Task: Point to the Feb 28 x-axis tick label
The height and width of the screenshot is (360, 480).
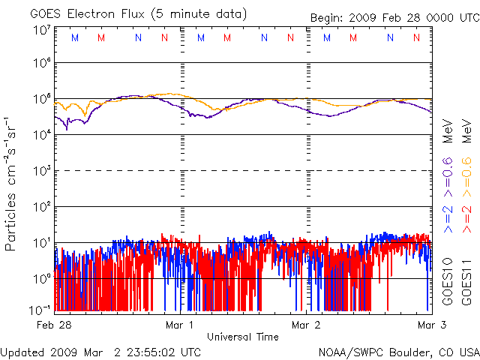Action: pyautogui.click(x=55, y=325)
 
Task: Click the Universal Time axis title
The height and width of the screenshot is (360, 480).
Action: pyautogui.click(x=243, y=337)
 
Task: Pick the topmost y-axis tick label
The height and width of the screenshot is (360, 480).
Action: pyautogui.click(x=42, y=30)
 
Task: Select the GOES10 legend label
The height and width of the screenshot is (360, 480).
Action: pyautogui.click(x=448, y=281)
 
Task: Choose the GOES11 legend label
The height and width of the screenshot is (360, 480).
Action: pyautogui.click(x=466, y=281)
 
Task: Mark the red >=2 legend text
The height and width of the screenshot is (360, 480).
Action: pyautogui.click(x=466, y=217)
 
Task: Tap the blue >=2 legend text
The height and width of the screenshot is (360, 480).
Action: pyautogui.click(x=448, y=217)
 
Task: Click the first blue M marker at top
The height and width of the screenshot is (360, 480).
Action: pyautogui.click(x=73, y=37)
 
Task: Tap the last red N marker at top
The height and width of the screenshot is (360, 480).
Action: pyautogui.click(x=416, y=37)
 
